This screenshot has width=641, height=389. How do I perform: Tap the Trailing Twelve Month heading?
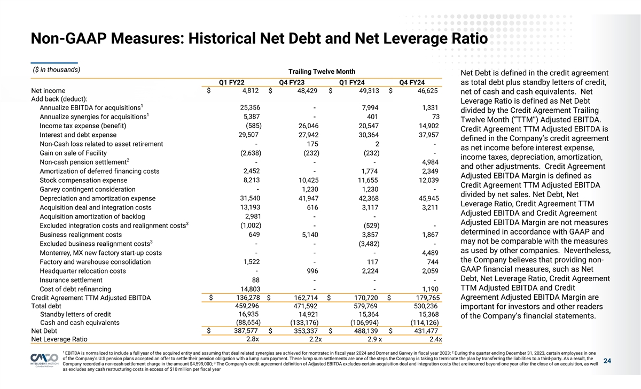point(322,72)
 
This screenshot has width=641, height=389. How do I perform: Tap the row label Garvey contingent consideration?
point(88,189)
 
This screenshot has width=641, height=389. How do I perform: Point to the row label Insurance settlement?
point(71,280)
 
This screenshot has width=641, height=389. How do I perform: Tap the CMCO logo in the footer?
point(44,360)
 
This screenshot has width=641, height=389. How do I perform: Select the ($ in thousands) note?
point(57,69)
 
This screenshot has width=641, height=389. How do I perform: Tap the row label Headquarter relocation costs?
point(83,271)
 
